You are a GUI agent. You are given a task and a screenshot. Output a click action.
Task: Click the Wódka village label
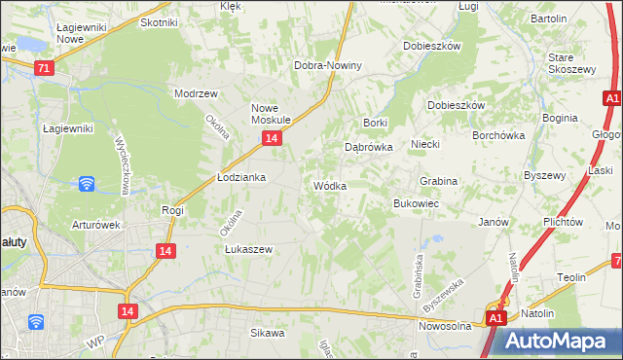(329, 186)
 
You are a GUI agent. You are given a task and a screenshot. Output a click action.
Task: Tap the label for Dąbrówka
(368, 147)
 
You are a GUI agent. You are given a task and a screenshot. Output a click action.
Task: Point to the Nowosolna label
(445, 326)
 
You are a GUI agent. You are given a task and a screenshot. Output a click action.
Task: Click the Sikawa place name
(268, 333)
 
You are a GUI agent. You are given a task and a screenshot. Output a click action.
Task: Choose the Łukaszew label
(248, 249)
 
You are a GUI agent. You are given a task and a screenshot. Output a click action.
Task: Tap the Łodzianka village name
(240, 178)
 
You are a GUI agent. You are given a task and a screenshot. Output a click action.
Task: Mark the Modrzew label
(195, 94)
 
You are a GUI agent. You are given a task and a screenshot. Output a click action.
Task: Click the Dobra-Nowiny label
(328, 65)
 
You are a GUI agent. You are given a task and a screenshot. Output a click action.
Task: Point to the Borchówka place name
(498, 136)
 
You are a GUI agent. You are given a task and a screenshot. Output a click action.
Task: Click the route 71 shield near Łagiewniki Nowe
(43, 69)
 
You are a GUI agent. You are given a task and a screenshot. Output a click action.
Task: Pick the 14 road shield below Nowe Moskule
(272, 140)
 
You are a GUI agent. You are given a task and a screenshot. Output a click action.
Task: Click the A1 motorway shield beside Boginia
(612, 99)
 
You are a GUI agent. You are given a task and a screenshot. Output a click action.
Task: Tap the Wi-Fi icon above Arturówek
(86, 183)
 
